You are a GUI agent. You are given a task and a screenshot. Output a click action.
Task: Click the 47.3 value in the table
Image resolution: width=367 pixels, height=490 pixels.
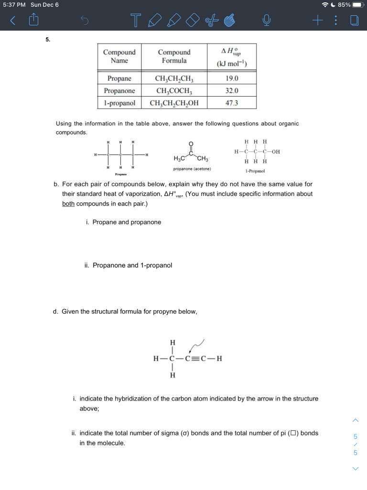pos(232,103)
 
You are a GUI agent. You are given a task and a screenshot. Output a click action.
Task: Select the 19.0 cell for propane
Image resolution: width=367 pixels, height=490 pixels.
pos(232,78)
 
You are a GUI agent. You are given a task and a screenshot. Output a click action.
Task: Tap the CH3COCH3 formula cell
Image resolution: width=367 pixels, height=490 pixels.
pos(174,91)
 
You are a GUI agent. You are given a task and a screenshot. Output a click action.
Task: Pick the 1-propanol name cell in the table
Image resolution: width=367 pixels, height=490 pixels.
pos(119,103)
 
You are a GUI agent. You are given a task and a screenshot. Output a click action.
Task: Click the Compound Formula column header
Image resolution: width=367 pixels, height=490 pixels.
pos(174,56)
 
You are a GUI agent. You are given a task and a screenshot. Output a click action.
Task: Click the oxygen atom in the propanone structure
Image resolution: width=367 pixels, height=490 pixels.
pos(191,143)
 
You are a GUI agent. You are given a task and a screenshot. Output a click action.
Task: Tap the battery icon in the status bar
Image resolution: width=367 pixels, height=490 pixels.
pos(358,5)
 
